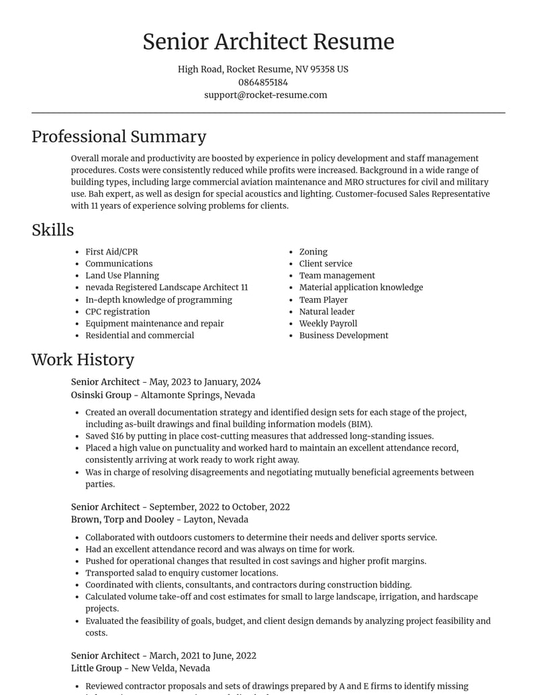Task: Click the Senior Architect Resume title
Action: [x=268, y=42]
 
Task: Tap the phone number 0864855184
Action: [x=263, y=82]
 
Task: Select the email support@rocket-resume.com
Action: [x=266, y=95]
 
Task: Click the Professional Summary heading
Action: [x=119, y=136]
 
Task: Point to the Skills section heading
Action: [x=52, y=230]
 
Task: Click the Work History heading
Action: [x=83, y=359]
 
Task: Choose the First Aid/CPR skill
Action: [x=111, y=252]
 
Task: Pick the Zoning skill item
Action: [x=313, y=252]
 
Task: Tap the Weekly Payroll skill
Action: [x=328, y=323]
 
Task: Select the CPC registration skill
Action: [x=117, y=312]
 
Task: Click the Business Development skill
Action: [x=344, y=335]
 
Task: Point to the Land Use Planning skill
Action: [x=122, y=275]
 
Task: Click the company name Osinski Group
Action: [x=101, y=395]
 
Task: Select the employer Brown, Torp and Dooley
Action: [x=122, y=519]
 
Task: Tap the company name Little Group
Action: [x=98, y=668]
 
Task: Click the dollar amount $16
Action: [x=117, y=436]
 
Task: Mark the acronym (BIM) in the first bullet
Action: [x=359, y=424]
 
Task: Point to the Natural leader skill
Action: [x=327, y=312]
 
